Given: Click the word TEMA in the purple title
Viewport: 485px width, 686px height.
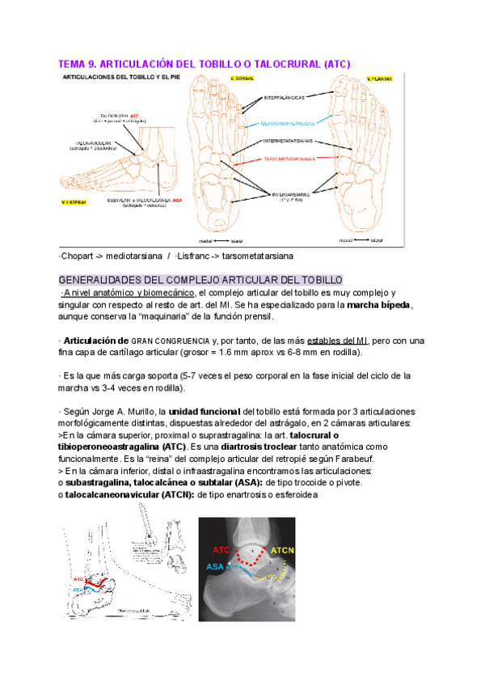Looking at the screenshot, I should (x=72, y=63).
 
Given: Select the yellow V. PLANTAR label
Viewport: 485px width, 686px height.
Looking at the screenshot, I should (x=379, y=78).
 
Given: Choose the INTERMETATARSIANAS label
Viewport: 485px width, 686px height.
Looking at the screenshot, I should (x=288, y=141).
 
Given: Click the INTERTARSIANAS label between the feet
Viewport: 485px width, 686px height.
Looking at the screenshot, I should (x=288, y=195).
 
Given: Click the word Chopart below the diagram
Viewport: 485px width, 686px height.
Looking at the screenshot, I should (x=78, y=256).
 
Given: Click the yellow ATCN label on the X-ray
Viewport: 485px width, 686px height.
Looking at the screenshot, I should (x=283, y=551).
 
